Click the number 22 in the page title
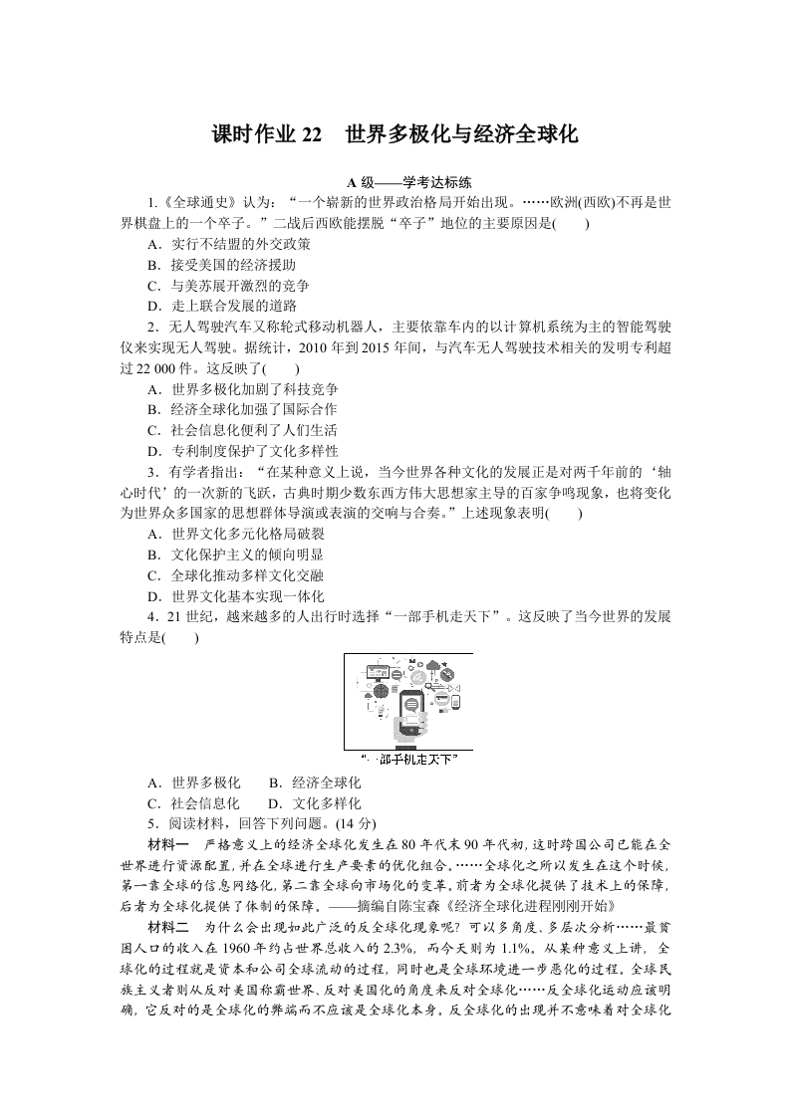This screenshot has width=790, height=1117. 311,135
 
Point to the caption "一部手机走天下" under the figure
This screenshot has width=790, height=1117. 408,760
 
